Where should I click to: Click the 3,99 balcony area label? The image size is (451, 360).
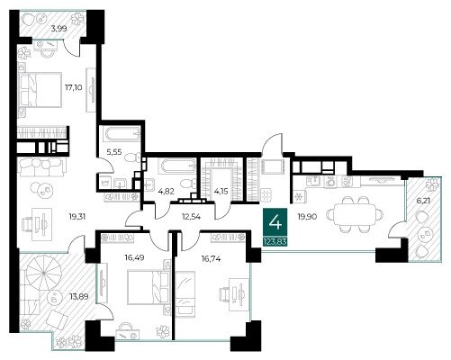click(x=59, y=29)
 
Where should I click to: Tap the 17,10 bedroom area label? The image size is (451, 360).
click(x=74, y=87)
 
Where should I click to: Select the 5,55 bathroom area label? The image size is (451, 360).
click(x=114, y=152)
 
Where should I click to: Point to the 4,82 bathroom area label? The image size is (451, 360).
click(x=167, y=191)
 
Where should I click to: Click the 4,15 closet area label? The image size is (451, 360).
click(x=221, y=191)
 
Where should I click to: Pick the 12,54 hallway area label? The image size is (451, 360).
click(x=192, y=216)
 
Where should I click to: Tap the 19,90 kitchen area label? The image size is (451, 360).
click(x=307, y=216)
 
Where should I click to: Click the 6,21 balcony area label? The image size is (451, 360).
click(x=423, y=201)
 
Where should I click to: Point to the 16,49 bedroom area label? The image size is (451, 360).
click(x=134, y=257)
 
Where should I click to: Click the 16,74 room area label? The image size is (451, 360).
click(x=212, y=258)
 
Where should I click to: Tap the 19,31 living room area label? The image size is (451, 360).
click(x=77, y=216)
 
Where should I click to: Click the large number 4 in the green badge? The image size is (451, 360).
click(x=275, y=223)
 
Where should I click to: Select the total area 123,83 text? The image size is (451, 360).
click(x=275, y=241)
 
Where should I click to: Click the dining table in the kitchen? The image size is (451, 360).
click(x=355, y=214)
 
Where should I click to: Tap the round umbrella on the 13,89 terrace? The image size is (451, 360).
click(x=44, y=273)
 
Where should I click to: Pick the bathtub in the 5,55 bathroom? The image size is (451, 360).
click(x=122, y=134)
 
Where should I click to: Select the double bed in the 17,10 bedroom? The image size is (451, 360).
click(x=41, y=90)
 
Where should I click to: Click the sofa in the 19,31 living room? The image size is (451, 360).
click(x=41, y=167)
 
